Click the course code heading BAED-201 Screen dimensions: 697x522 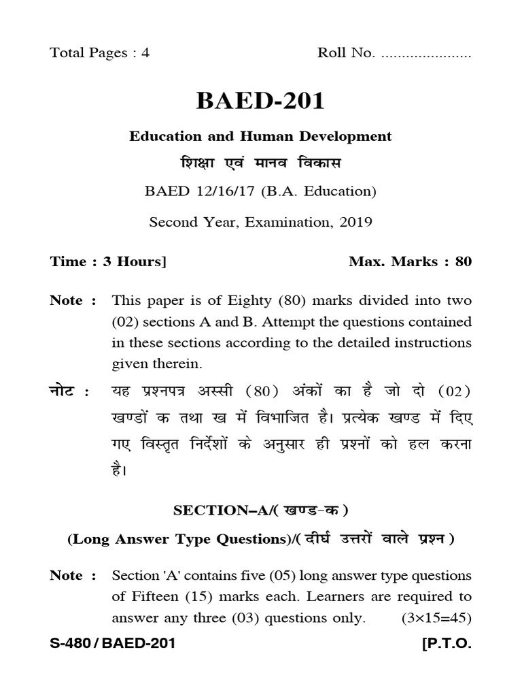click(260, 101)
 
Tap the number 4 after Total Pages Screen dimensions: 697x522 click(145, 54)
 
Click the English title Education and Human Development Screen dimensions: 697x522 click(260, 136)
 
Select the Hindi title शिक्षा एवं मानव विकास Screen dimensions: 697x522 click(260, 164)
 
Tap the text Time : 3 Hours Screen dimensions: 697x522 click(108, 261)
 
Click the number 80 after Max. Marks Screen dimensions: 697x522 click(463, 261)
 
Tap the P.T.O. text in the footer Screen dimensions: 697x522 click(447, 643)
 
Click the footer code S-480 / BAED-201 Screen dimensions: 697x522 click(112, 643)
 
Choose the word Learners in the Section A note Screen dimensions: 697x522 click(332, 597)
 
